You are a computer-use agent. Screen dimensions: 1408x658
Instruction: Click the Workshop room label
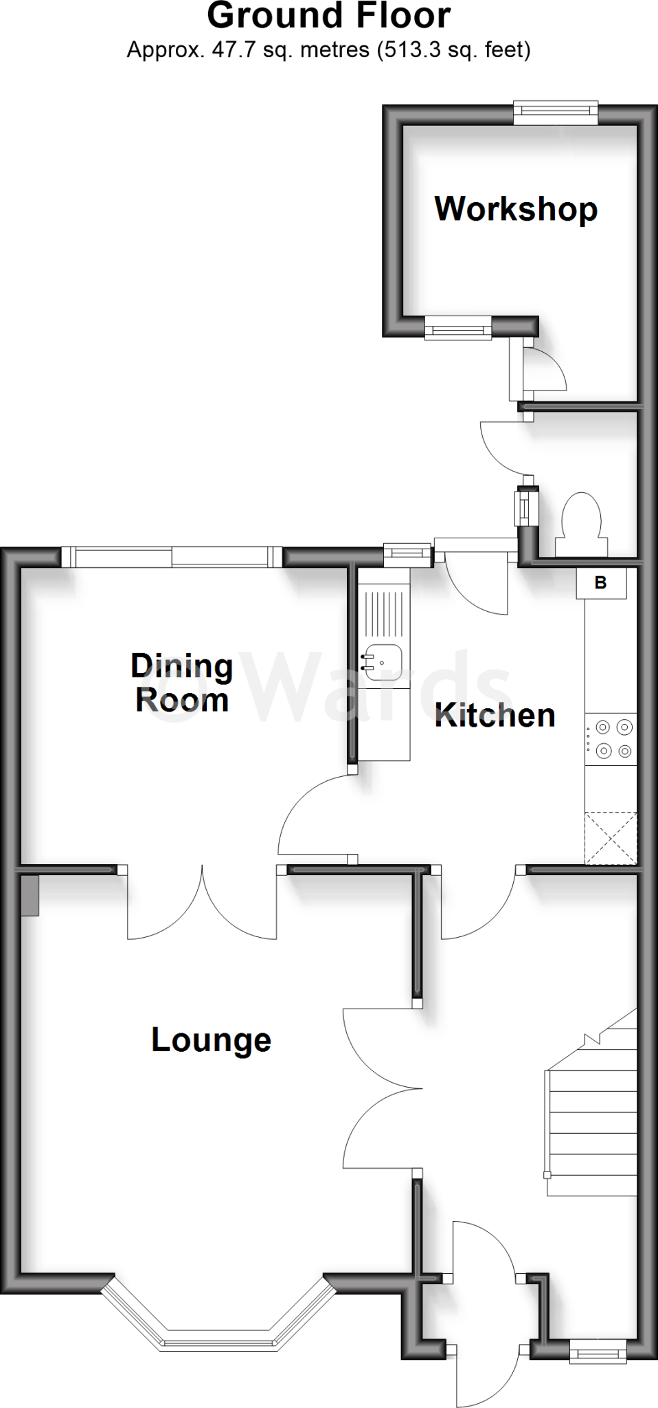pos(516,209)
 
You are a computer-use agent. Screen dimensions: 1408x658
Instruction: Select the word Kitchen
pos(495,716)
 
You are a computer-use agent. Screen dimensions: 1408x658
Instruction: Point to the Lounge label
pos(211,1040)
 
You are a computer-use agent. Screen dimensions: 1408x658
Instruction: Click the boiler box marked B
pos(601,584)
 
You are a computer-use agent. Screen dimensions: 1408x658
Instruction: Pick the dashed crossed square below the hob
pos(610,837)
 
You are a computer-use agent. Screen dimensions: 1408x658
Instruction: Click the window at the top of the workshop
pos(556,113)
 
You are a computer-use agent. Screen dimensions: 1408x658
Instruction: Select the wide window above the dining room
pos(172,556)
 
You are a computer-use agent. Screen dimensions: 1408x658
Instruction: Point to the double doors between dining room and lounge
pos(202,904)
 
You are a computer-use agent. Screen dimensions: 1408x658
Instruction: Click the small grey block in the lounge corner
pos(30,894)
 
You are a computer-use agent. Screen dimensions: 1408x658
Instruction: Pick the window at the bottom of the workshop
pos(458,328)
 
